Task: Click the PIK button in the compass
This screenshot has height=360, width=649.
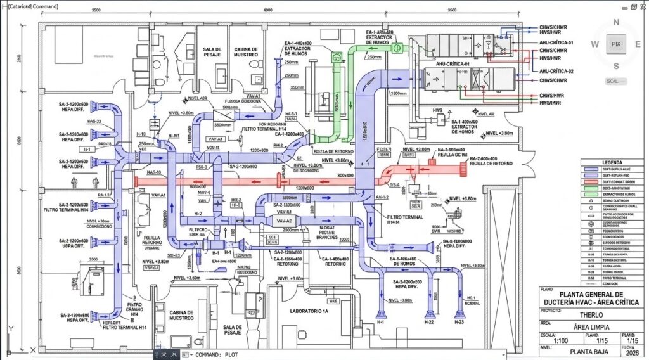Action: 615,44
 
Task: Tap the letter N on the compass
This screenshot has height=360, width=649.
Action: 615,22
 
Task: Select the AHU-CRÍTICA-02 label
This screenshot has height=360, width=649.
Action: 556,71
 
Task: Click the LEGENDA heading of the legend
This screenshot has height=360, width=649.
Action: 613,162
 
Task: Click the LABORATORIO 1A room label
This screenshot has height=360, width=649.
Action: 309,311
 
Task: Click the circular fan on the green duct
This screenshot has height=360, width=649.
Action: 397,46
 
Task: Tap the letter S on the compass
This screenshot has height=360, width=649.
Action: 615,66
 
